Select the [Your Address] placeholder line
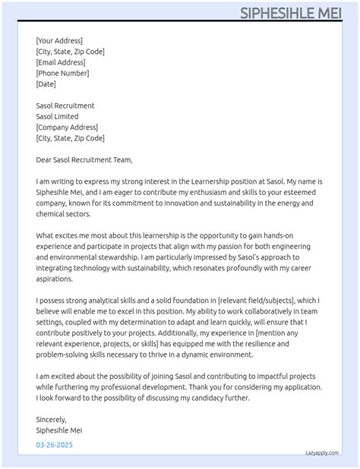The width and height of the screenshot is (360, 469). click(x=59, y=41)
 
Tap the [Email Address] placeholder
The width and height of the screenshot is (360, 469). click(x=60, y=62)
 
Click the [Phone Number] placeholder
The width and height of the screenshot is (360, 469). click(x=62, y=74)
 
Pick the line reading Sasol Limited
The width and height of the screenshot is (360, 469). click(x=61, y=117)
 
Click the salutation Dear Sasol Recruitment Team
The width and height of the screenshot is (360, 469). click(x=84, y=160)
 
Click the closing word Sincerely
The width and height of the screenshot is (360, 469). click(x=52, y=420)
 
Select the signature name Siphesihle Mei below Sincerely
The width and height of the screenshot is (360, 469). click(x=59, y=430)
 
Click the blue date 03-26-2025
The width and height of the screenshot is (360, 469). click(x=55, y=445)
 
